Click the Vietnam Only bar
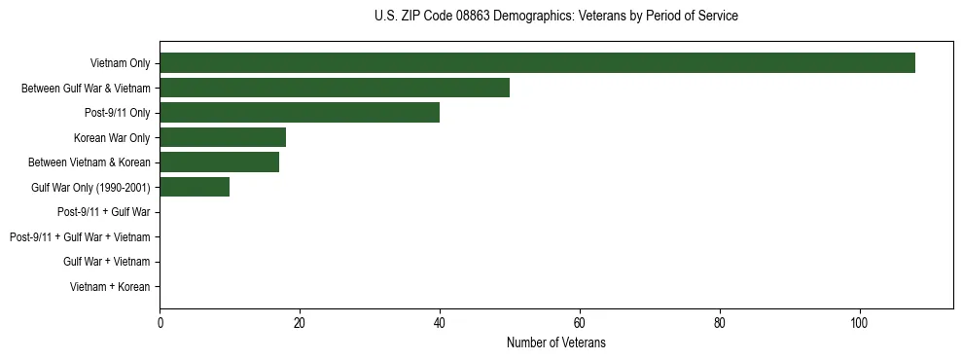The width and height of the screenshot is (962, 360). (537, 63)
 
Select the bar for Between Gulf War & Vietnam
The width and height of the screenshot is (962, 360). (335, 88)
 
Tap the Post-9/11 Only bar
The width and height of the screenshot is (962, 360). (300, 113)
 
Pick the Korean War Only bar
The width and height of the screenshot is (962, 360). (223, 137)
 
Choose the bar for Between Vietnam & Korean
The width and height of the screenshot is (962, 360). (219, 162)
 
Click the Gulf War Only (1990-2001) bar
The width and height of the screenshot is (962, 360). (195, 187)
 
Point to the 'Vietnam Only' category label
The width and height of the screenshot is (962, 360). (120, 63)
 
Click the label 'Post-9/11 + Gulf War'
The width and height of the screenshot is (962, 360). (103, 212)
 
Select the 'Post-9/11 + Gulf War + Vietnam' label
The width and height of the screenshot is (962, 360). (80, 237)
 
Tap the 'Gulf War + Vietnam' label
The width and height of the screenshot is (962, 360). (106, 262)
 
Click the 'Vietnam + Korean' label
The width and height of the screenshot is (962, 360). (110, 287)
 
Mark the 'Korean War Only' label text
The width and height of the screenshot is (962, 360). (112, 138)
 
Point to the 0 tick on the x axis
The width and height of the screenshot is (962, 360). (160, 323)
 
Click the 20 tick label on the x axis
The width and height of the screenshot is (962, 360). (300, 323)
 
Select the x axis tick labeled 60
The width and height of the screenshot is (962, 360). (580, 323)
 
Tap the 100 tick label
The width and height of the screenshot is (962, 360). (860, 323)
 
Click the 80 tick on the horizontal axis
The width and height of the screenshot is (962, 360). (720, 323)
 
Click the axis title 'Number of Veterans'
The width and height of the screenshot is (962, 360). (556, 342)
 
